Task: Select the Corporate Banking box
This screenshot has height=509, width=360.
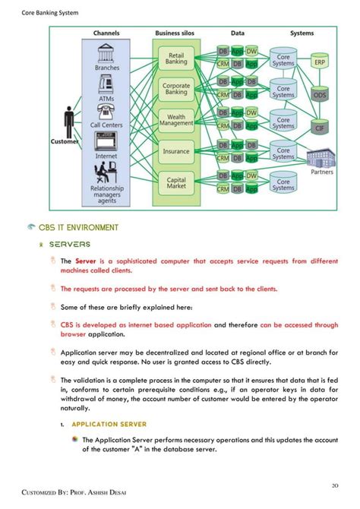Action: click(175, 89)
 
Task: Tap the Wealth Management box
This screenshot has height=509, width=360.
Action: click(175, 120)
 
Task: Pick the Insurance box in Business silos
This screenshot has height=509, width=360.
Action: click(175, 151)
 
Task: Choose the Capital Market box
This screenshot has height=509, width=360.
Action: click(175, 183)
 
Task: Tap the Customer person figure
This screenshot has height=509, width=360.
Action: click(70, 121)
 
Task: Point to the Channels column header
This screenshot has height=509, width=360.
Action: click(106, 33)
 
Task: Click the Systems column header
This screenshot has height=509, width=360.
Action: click(302, 33)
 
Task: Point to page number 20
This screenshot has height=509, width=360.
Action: click(335, 485)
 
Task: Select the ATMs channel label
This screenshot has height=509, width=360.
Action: click(106, 98)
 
